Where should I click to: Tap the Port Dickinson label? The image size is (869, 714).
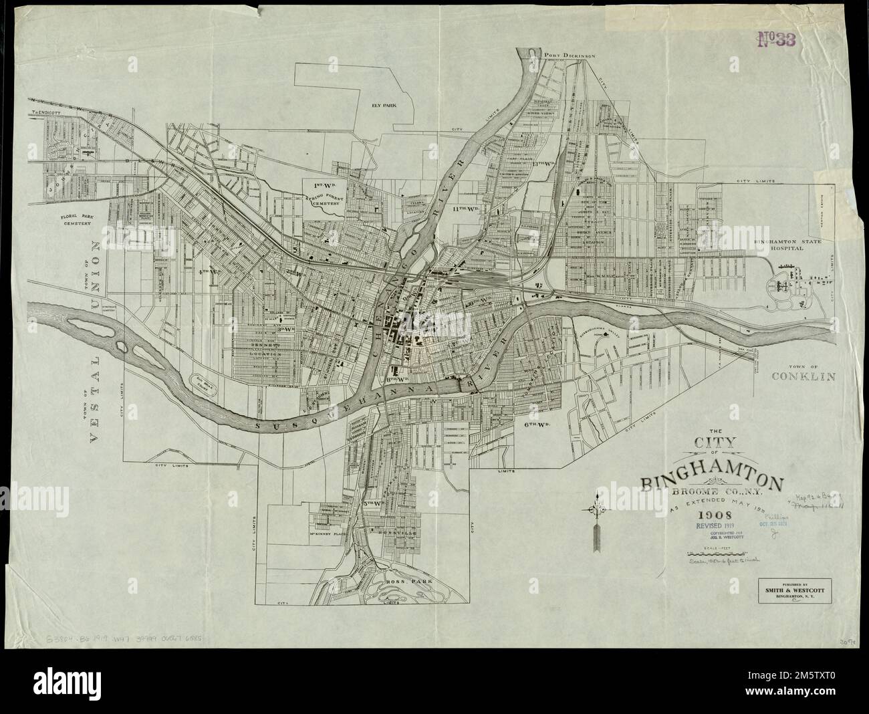570,56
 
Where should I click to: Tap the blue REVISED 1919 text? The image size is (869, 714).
715,526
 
